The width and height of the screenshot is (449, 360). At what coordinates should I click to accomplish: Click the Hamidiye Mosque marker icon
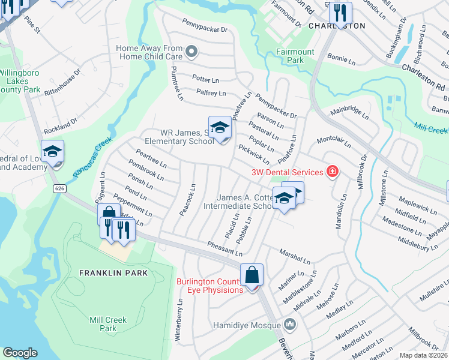click(291, 325)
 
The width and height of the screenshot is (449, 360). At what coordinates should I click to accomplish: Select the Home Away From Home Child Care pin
click(191, 52)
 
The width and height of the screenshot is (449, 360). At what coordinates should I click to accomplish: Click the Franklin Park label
click(105, 272)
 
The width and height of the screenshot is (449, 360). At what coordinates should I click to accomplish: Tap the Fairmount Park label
click(295, 56)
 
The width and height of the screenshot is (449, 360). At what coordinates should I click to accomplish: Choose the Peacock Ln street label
click(187, 200)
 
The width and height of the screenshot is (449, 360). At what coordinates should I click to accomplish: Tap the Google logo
click(20, 353)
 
